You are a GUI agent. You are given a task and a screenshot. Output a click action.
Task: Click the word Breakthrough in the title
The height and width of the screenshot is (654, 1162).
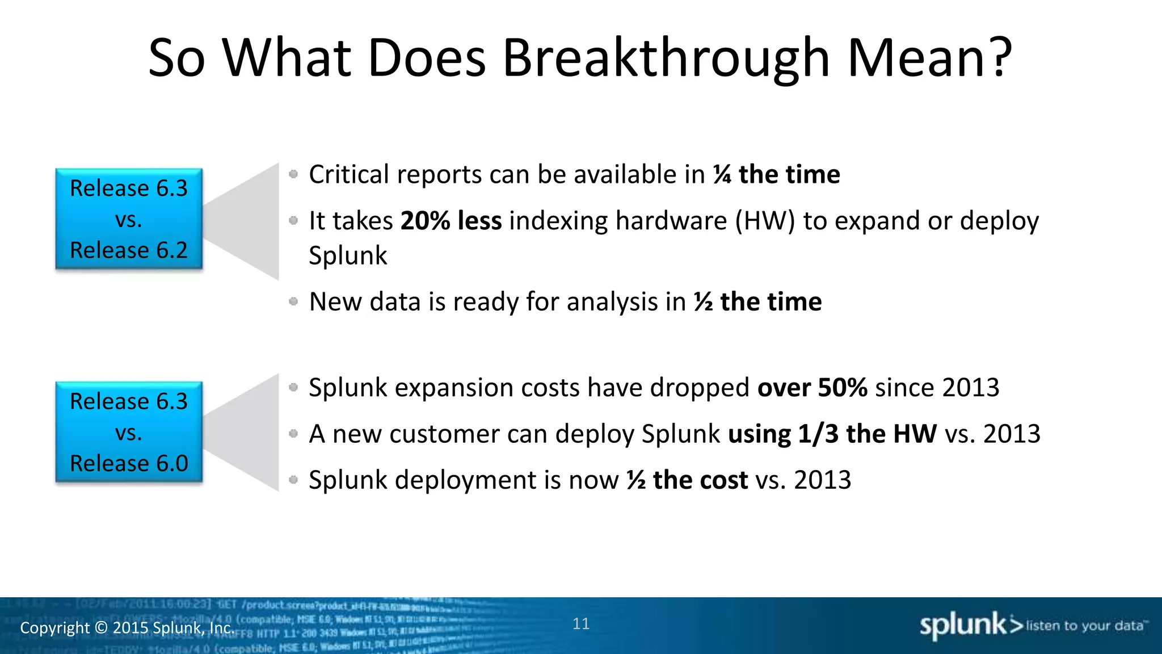tap(667, 58)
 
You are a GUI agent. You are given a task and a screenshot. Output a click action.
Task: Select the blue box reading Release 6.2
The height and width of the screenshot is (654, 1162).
tap(129, 219)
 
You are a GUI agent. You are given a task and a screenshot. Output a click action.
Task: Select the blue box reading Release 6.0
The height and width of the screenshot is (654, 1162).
tap(129, 432)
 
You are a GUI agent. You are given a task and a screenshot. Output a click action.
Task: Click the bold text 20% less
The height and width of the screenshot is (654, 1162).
tap(451, 221)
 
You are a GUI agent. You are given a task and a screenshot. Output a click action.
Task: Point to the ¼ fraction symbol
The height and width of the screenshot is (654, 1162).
tap(722, 174)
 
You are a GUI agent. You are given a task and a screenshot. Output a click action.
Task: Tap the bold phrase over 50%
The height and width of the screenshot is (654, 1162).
tap(812, 388)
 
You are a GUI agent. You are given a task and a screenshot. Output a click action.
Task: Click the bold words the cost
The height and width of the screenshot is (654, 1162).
tap(700, 480)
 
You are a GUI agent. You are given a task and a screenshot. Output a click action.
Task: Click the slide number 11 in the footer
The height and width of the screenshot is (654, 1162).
tap(581, 623)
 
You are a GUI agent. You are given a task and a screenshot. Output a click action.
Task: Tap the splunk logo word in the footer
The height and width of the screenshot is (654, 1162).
tap(962, 625)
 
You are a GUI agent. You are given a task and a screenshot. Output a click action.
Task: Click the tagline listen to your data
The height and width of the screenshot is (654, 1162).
tap(1084, 626)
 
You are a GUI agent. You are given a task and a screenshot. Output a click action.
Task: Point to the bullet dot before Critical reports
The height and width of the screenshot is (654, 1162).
tap(293, 174)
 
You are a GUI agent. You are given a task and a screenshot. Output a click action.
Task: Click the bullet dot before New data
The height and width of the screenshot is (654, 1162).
tap(293, 301)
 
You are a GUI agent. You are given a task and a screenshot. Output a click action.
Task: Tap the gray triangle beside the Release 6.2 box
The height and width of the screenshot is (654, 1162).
tap(250, 221)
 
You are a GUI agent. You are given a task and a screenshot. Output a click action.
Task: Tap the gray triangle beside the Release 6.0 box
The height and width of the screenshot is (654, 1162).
tap(250, 433)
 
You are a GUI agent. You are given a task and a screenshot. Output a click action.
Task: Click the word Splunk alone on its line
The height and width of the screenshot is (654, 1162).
tap(348, 256)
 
